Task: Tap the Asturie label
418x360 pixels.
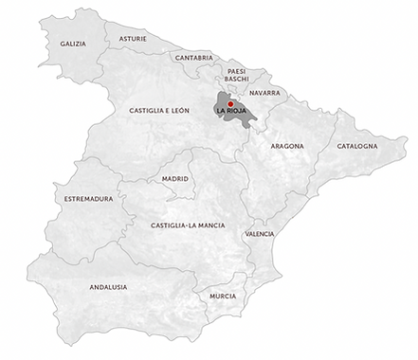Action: point(133,39)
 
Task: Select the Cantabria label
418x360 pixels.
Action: point(193,57)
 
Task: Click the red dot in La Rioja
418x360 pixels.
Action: point(230,104)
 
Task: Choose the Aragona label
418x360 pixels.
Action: point(287,148)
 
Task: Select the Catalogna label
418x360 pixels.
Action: point(356,146)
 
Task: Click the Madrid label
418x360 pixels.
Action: point(175,178)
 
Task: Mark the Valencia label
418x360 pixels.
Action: point(260,233)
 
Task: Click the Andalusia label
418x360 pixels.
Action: point(108,285)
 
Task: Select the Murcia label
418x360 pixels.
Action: point(222,296)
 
